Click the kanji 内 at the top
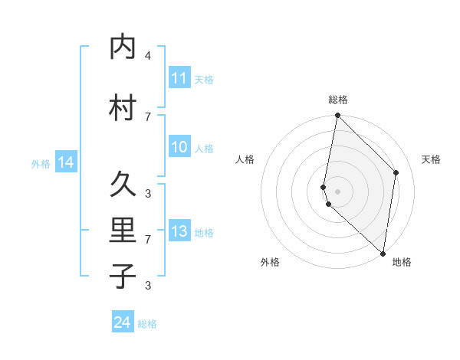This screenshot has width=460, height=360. (123, 47)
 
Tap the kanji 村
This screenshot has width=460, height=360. (123, 108)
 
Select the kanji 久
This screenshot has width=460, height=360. (123, 184)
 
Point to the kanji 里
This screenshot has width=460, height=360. (123, 231)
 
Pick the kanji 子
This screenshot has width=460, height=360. (123, 276)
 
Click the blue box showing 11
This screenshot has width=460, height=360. (179, 78)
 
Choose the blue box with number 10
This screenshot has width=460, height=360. (179, 148)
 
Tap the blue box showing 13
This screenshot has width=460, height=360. (179, 232)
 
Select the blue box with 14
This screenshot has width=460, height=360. (66, 162)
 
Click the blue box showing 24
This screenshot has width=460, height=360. (123, 323)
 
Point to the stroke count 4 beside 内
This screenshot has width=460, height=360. (148, 56)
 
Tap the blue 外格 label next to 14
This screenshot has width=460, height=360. (40, 163)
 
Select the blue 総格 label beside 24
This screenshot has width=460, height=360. (147, 324)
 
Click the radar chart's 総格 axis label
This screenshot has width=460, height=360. (338, 100)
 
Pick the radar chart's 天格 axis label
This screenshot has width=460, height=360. (431, 159)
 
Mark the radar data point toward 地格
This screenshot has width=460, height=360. (383, 254)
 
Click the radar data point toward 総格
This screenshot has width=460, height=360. (337, 116)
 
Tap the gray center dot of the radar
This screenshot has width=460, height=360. (337, 191)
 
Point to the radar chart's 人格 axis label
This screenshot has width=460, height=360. (245, 159)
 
